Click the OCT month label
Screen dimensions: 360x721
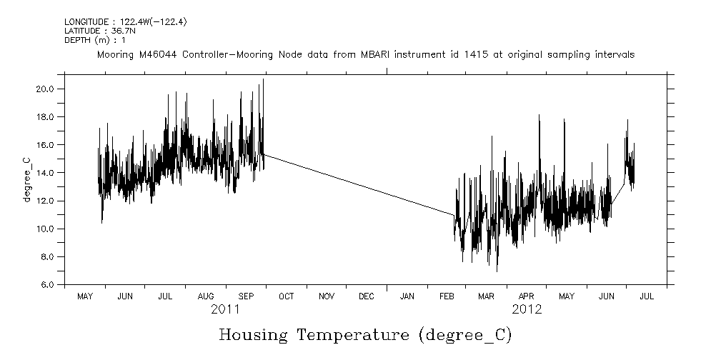pyautogui.click(x=286, y=296)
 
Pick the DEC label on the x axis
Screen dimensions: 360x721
pyautogui.click(x=367, y=296)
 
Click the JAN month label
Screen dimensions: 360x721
pyautogui.click(x=407, y=296)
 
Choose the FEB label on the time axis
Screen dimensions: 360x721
pyautogui.click(x=447, y=296)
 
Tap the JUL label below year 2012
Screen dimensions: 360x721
pyautogui.click(x=646, y=296)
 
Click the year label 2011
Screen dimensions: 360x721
pyautogui.click(x=226, y=310)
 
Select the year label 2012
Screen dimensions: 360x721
pyautogui.click(x=527, y=310)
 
